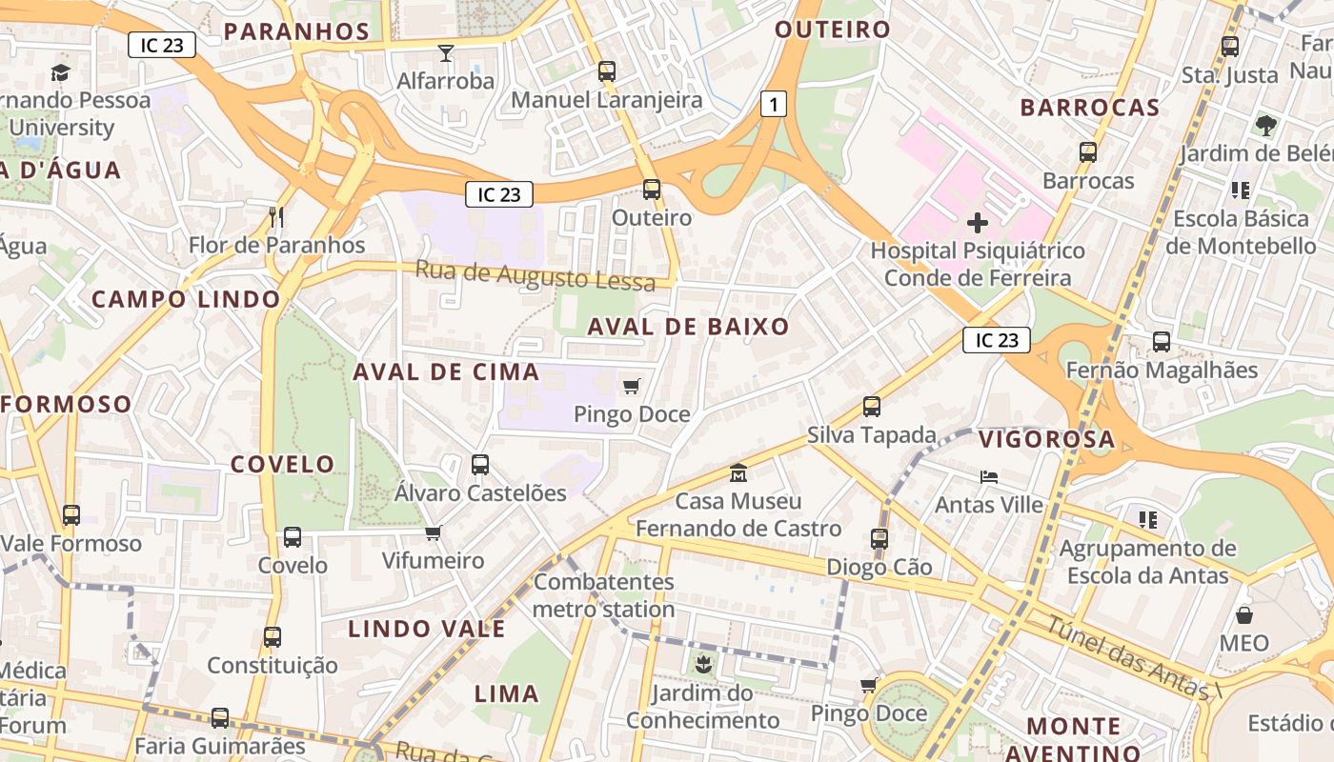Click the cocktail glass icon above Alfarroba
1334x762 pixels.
446,53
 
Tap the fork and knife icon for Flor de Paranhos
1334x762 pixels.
276,217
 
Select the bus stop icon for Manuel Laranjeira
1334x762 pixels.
607,71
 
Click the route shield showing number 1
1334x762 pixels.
774,105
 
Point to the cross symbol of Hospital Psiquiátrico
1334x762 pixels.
977,224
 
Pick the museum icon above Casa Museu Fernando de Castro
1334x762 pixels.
738,473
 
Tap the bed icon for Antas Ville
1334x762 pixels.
989,476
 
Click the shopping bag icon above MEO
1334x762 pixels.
1244,615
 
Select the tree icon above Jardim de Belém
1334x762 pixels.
1266,126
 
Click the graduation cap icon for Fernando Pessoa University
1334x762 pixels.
60,72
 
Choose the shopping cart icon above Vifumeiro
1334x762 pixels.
434,532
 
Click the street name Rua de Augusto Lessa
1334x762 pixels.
535,276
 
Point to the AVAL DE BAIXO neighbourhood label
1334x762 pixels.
688,327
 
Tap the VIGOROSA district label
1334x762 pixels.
1046,439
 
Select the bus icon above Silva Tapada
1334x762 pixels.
872,407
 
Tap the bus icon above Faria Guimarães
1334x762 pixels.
220,717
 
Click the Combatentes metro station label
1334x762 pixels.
603,595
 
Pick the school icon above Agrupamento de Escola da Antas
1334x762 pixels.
1148,520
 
